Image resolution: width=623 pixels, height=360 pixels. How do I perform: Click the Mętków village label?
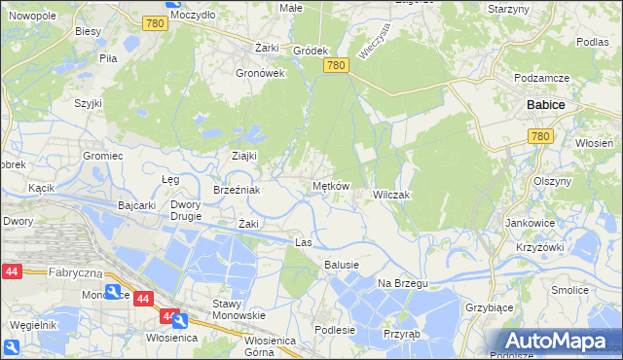(330, 186)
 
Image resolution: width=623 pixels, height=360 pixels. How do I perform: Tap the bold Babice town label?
(545, 104)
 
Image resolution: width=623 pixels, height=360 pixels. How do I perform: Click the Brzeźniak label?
(237, 190)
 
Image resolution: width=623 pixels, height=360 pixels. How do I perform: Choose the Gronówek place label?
(260, 72)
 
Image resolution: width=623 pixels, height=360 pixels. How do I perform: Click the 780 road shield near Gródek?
(336, 65)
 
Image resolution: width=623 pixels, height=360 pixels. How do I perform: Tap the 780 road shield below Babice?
(541, 137)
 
